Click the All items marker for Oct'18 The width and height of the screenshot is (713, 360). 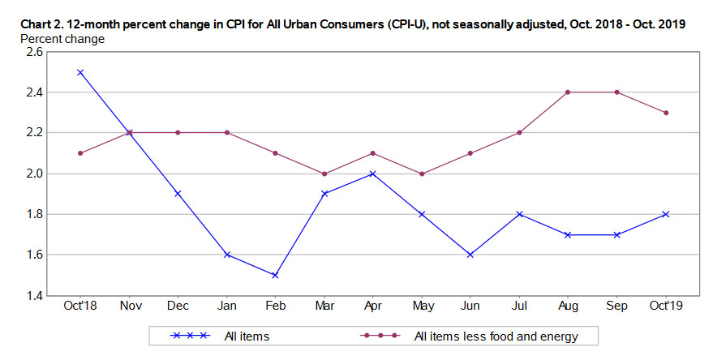[79, 72]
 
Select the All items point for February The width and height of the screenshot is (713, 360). [275, 275]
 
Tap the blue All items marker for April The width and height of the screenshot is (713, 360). [372, 174]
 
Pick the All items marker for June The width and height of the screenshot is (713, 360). [470, 255]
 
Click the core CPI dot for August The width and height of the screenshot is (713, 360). [568, 92]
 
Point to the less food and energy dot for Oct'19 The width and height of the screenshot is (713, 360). [665, 113]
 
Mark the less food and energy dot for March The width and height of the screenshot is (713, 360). [324, 174]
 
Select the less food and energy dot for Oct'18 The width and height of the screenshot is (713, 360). [79, 153]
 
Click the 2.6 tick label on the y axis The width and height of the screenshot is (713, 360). [37, 52]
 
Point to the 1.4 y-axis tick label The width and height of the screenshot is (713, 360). [37, 296]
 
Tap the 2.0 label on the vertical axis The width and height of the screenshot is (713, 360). [37, 174]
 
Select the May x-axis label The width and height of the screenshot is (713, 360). [421, 306]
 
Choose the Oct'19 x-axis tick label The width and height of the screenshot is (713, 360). [665, 306]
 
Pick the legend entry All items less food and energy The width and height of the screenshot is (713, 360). [494, 335]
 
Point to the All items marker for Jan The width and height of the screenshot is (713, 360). [226, 255]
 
